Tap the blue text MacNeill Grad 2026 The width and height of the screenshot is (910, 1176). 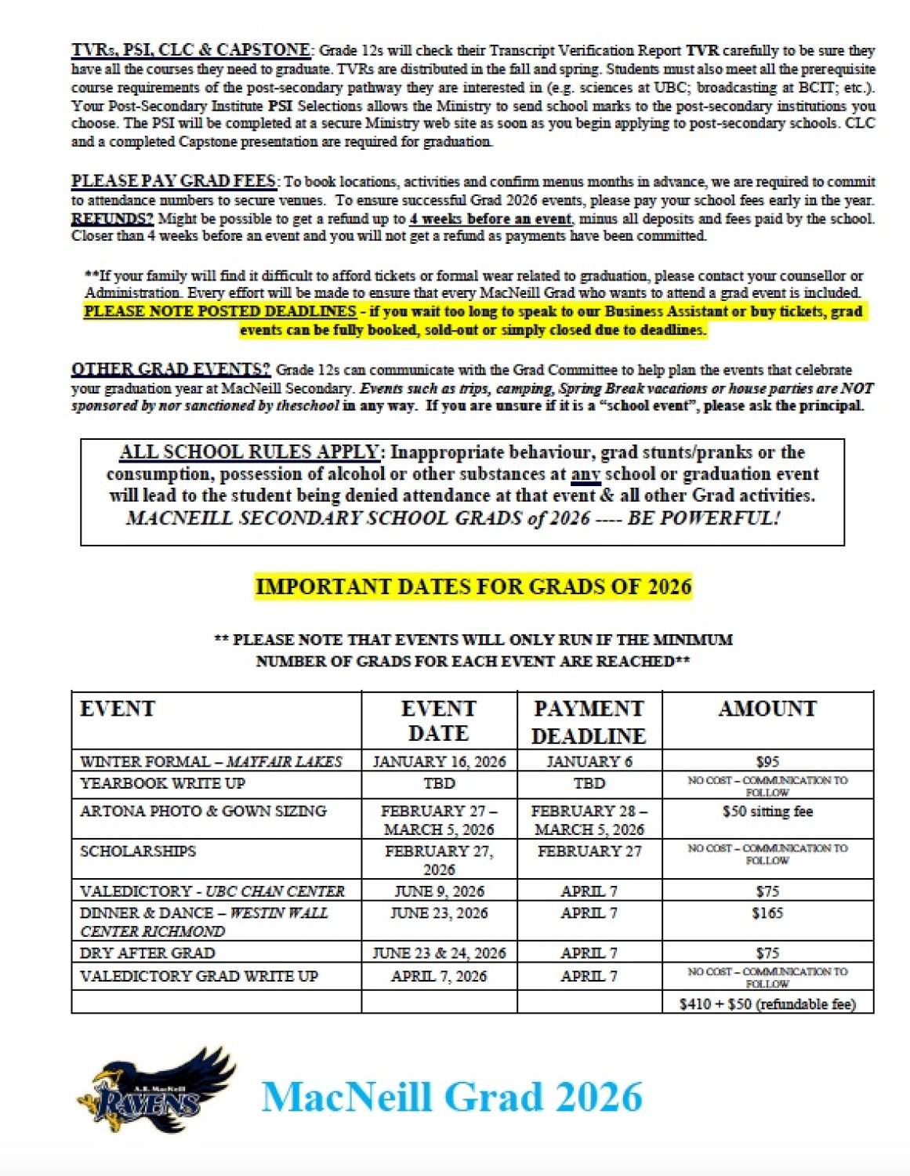pyautogui.click(x=451, y=1097)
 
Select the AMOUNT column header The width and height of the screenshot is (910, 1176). pyautogui.click(x=767, y=709)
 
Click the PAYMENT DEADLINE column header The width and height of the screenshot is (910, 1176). pyautogui.click(x=589, y=721)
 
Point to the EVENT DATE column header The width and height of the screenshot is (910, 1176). pyautogui.click(x=438, y=720)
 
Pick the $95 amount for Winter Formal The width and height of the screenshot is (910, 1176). pyautogui.click(x=767, y=761)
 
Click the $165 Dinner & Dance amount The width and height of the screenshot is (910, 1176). pyautogui.click(x=767, y=913)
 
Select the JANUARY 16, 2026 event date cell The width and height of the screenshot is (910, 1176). pyautogui.click(x=439, y=761)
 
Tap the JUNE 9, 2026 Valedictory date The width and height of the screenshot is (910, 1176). pyautogui.click(x=439, y=891)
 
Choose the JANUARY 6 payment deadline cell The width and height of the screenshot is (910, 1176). pyautogui.click(x=589, y=761)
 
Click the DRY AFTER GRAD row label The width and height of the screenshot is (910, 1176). pyautogui.click(x=147, y=953)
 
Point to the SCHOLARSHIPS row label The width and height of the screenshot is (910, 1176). pyautogui.click(x=138, y=851)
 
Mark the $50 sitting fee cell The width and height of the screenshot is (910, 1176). pyautogui.click(x=767, y=811)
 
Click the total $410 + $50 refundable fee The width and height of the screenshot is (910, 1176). pyautogui.click(x=767, y=1004)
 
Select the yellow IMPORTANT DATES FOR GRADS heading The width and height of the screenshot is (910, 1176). pyautogui.click(x=473, y=586)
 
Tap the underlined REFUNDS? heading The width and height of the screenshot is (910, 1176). pyautogui.click(x=112, y=219)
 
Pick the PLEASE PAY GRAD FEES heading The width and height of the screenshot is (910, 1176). pyautogui.click(x=174, y=181)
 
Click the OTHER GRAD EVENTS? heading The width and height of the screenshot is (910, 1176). pyautogui.click(x=171, y=369)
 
